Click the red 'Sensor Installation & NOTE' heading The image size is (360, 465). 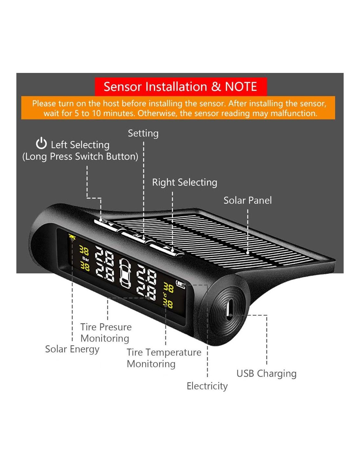pos(180,87)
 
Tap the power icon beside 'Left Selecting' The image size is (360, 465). pos(41,144)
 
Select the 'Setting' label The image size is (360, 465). pos(143,133)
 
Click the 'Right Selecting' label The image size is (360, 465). pos(185,182)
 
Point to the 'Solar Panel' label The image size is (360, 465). pos(247,200)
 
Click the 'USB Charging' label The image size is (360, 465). pos(266,373)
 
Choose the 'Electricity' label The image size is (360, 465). pos(207,386)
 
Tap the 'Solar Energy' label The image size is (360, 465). pos(72,349)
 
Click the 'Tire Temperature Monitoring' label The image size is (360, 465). pos(164,358)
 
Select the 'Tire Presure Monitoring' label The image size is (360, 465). pos(106,333)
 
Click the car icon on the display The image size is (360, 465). pos(125,273)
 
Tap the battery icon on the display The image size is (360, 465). pos(181,284)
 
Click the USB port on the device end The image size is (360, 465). pos(229,309)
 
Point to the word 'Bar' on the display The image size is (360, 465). pos(85,259)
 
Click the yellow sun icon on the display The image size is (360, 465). pos(72,236)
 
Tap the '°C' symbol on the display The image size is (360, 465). pos(166,295)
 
